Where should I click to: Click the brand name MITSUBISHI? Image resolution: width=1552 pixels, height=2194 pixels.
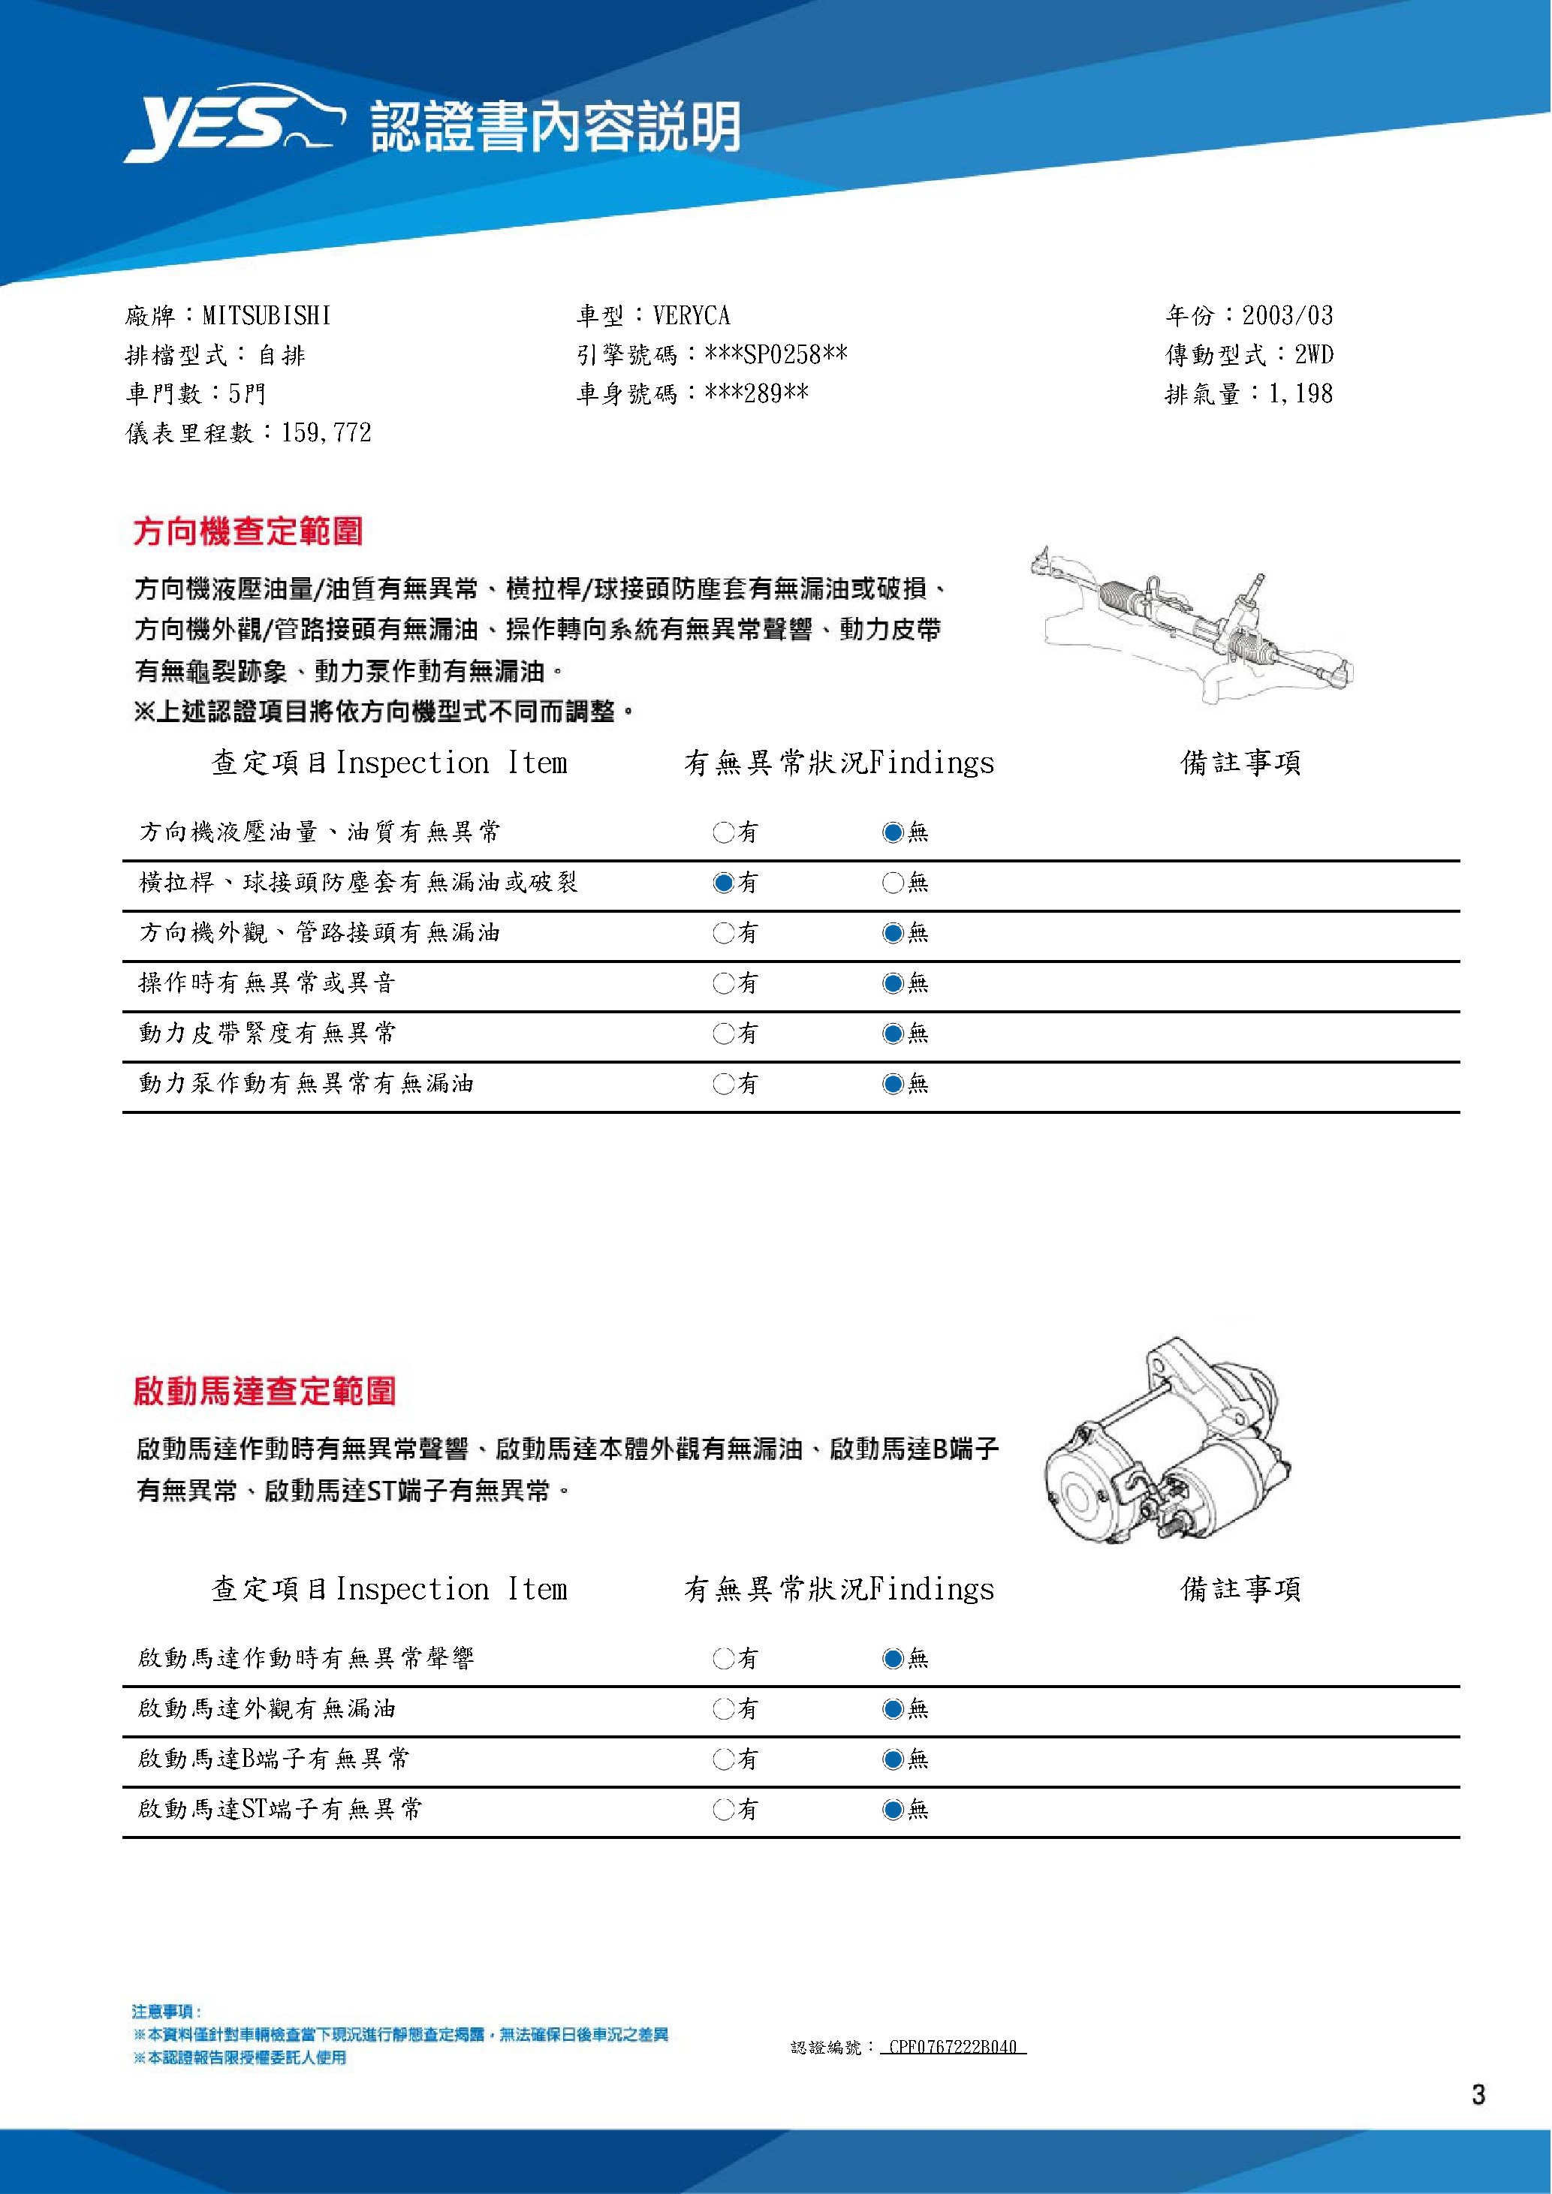click(267, 315)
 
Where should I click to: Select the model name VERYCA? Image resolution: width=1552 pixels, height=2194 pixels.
click(691, 315)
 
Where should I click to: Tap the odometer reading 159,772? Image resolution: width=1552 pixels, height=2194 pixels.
click(326, 433)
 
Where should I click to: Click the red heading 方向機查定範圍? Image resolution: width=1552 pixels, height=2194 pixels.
click(248, 531)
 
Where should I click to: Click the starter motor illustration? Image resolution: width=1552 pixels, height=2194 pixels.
click(1165, 1443)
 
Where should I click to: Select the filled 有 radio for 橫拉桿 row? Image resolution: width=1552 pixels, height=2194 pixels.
click(723, 883)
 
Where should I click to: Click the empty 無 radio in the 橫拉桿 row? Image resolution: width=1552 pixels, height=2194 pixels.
click(893, 883)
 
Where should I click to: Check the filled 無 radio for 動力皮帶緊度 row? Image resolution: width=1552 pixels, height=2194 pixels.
click(893, 1034)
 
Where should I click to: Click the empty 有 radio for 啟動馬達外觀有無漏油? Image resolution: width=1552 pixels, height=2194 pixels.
click(723, 1708)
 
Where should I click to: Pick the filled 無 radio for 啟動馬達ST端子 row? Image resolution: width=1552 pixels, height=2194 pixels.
click(893, 1809)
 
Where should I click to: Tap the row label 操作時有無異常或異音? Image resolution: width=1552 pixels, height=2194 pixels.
click(267, 983)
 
